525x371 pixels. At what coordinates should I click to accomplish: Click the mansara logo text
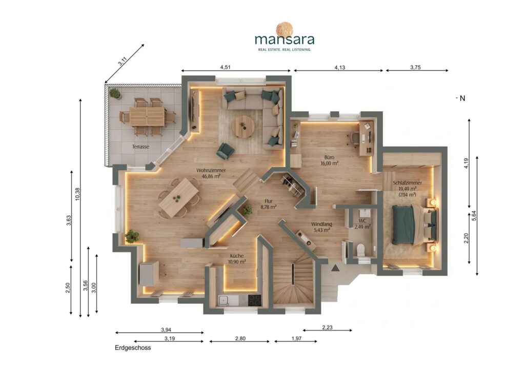click(x=285, y=39)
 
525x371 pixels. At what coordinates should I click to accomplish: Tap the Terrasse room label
click(x=140, y=147)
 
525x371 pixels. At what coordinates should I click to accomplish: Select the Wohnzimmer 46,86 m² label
click(x=211, y=173)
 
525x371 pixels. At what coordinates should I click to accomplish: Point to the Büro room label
click(x=329, y=157)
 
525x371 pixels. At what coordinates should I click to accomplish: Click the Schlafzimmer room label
click(x=408, y=183)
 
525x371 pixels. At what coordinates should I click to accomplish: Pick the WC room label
click(x=362, y=221)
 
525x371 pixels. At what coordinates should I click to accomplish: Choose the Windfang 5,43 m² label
click(x=321, y=227)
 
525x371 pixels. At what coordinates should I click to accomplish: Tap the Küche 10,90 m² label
click(x=237, y=259)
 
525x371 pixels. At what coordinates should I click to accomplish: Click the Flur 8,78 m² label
click(x=269, y=204)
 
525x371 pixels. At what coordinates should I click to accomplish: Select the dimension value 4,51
click(x=226, y=67)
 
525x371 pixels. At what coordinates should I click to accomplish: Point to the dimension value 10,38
click(x=78, y=194)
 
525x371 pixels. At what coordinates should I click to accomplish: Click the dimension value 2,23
click(x=327, y=327)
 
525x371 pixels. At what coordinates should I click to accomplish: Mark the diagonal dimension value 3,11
click(x=123, y=61)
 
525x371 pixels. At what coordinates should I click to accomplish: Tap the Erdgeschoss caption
click(x=133, y=347)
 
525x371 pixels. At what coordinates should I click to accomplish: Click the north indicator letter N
click(x=462, y=98)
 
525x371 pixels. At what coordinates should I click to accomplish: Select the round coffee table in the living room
click(x=243, y=127)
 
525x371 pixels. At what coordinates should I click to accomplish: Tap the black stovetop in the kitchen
click(x=255, y=300)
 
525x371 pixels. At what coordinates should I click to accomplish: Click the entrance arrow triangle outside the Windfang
click(x=334, y=267)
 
